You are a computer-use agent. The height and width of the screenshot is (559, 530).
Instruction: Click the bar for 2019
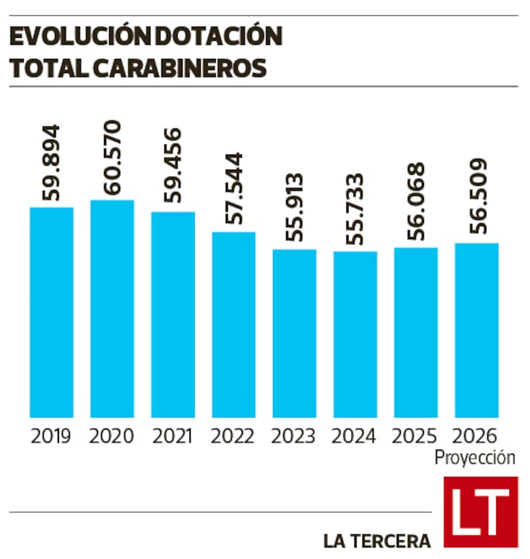tap(51, 311)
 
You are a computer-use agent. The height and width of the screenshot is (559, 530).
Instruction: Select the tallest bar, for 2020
tap(112, 308)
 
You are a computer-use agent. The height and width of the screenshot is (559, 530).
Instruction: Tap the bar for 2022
tap(233, 324)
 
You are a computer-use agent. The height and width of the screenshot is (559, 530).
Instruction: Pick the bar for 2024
tap(355, 334)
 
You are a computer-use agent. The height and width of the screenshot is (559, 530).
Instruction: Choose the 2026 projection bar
tap(476, 330)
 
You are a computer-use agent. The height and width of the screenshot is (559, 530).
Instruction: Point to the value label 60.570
tap(112, 158)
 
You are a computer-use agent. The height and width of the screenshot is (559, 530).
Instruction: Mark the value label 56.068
tap(416, 205)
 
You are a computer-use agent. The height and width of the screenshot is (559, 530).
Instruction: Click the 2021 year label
tap(172, 436)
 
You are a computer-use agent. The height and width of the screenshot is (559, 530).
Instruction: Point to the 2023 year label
tap(294, 436)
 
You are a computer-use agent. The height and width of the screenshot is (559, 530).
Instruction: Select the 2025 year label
tap(415, 436)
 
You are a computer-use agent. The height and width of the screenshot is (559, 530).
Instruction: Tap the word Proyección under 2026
tap(475, 458)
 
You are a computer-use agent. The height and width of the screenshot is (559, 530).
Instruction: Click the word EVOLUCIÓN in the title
tap(74, 37)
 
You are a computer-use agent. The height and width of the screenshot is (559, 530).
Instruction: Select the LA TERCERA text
tap(377, 540)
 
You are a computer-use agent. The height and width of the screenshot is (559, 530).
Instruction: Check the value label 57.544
tap(233, 189)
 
